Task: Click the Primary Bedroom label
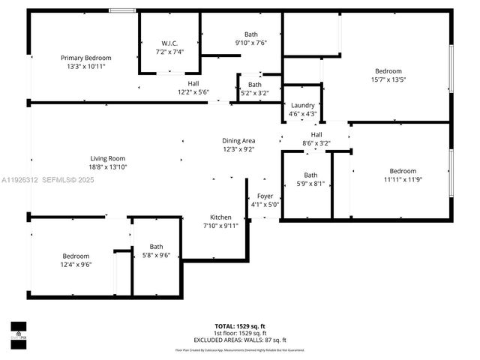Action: click(x=86, y=58)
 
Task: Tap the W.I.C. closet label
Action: click(x=169, y=43)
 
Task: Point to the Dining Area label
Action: click(x=238, y=140)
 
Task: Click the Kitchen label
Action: click(x=220, y=217)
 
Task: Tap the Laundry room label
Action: click(x=302, y=106)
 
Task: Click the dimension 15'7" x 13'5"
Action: click(x=388, y=79)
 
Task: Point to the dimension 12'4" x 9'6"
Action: click(x=76, y=264)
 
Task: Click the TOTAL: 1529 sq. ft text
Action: click(x=239, y=326)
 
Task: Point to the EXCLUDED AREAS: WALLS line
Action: click(x=239, y=340)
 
